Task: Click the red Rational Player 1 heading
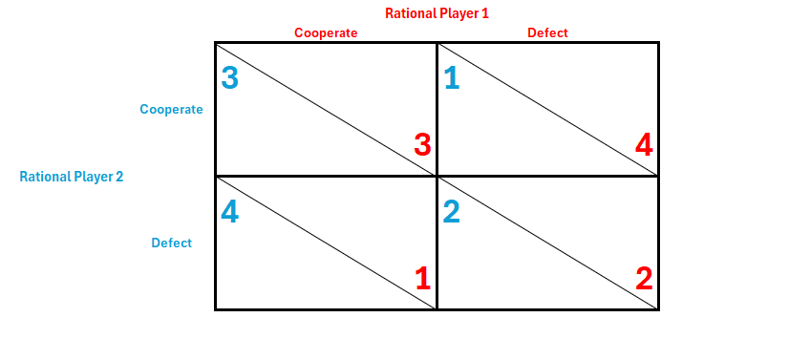pyautogui.click(x=437, y=13)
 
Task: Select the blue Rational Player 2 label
pyautogui.click(x=72, y=177)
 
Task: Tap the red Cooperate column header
pyautogui.click(x=326, y=33)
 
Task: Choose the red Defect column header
pyautogui.click(x=547, y=33)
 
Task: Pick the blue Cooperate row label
pyautogui.click(x=172, y=110)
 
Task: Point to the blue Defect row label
pyautogui.click(x=172, y=243)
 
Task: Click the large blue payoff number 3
pyautogui.click(x=230, y=78)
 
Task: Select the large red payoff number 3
pyautogui.click(x=422, y=145)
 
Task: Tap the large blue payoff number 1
pyautogui.click(x=452, y=78)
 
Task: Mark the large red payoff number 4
pyautogui.click(x=644, y=145)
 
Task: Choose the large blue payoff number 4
pyautogui.click(x=230, y=212)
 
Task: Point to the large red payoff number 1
pyautogui.click(x=423, y=279)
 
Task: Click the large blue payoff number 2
pyautogui.click(x=452, y=212)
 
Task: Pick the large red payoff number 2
pyautogui.click(x=645, y=279)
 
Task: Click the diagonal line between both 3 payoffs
pyautogui.click(x=326, y=110)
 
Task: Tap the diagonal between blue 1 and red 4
pyautogui.click(x=548, y=110)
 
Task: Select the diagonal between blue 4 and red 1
pyautogui.click(x=326, y=243)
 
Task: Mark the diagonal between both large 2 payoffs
pyautogui.click(x=548, y=243)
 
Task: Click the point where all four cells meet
pyautogui.click(x=437, y=176)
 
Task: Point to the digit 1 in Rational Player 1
pyautogui.click(x=485, y=13)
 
